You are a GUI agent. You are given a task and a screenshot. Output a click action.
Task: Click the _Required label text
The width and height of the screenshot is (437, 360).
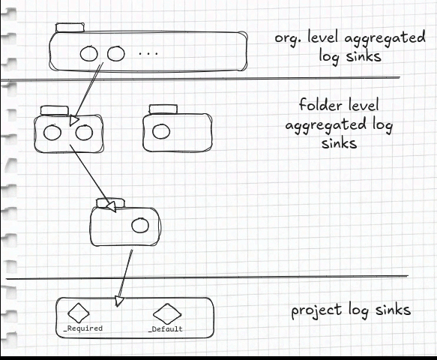83,328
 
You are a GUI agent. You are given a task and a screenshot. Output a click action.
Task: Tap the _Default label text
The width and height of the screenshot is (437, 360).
166,329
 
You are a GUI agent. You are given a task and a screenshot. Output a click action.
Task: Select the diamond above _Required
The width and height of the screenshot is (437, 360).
79,313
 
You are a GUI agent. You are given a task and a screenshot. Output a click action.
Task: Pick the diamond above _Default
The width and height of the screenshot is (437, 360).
167,313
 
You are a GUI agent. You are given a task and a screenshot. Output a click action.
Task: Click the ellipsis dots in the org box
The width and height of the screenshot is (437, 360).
149,53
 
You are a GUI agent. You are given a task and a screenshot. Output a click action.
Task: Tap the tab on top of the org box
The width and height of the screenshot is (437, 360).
70,28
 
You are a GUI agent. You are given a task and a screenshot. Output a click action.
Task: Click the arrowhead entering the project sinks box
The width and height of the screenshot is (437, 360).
119,301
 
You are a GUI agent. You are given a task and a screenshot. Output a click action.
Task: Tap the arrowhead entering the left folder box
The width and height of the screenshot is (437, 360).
74,121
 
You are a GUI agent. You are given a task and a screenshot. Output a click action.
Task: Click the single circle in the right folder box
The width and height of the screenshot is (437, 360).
161,131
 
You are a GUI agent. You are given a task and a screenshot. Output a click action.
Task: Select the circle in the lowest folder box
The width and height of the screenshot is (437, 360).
140,225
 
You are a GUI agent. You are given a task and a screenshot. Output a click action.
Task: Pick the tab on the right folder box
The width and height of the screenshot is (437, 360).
163,109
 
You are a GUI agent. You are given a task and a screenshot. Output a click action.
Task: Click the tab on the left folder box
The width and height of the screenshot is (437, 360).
55,110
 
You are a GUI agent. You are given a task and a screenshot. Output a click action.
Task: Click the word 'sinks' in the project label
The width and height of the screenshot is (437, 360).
393,309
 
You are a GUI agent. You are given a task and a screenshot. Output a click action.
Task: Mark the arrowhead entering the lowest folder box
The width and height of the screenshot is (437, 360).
112,207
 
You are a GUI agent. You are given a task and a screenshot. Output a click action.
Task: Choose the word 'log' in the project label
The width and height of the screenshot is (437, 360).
359,310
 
